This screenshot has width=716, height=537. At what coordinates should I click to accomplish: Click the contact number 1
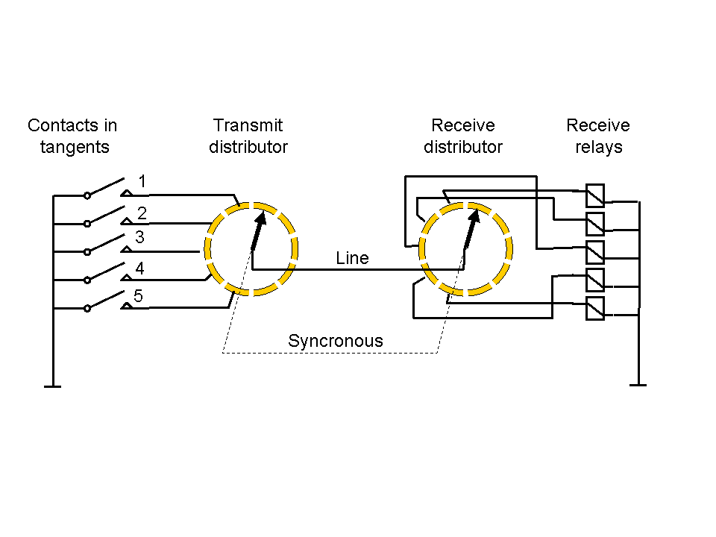pos(142,181)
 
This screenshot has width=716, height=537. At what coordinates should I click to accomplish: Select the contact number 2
pos(142,214)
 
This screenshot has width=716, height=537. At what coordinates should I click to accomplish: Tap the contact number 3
pos(139,238)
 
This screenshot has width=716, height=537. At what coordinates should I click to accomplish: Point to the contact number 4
pos(139,268)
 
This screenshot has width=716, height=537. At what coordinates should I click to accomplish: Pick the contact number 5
pos(138,296)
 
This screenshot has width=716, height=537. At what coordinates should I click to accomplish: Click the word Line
pos(352,258)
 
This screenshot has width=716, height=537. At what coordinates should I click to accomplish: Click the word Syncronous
pos(336,341)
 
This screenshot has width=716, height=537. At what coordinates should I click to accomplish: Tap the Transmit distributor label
pos(248,136)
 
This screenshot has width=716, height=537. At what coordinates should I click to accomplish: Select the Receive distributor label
pos(463,136)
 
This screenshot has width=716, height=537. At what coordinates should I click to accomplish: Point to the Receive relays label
pos(598,136)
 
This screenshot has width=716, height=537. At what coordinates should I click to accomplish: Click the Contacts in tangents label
pos(72,136)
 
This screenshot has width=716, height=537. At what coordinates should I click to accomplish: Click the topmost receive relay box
pos(595,195)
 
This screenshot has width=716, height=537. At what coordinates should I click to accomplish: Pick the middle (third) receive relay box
pos(595,252)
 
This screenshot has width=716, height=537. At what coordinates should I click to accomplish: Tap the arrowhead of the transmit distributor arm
pos(260,216)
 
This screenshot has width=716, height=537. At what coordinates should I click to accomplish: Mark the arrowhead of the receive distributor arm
pos(473,216)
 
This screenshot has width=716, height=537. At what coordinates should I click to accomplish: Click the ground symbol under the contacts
pos(52,385)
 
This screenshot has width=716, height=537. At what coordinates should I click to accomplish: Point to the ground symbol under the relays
pos(638,384)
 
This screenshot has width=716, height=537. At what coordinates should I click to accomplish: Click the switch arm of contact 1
pos(107,186)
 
